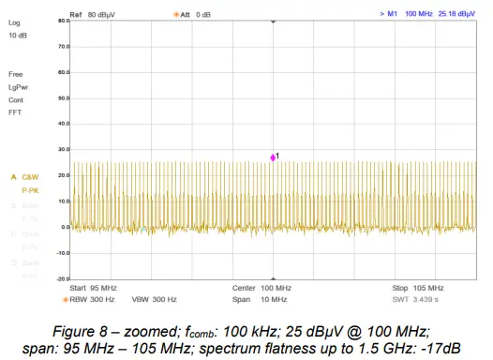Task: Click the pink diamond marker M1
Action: pyautogui.click(x=273, y=157)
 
